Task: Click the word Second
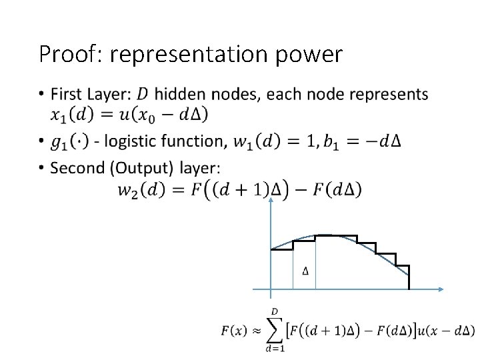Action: pyautogui.click(x=75, y=167)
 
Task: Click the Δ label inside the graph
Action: pyautogui.click(x=305, y=271)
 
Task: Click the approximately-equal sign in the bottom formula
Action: pyautogui.click(x=254, y=331)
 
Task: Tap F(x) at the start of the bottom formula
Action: pyautogui.click(x=233, y=331)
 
